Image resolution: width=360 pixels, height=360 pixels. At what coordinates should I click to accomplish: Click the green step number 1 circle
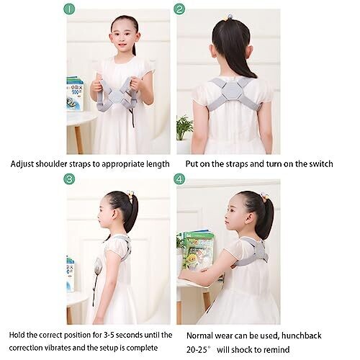pos(69,9)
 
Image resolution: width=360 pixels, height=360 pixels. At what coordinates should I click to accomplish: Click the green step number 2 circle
pos(179,9)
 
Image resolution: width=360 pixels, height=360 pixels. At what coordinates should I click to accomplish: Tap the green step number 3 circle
pos(69,179)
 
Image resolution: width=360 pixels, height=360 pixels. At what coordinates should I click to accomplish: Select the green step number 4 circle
pos(179,179)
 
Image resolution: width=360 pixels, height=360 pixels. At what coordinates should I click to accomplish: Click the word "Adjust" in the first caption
pos(22,164)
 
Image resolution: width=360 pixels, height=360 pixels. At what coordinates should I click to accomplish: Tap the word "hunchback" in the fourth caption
pos(302,336)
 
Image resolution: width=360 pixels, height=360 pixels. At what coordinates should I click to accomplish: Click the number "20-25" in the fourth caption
pos(197,350)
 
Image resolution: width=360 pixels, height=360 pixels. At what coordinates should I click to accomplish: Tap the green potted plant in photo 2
pos(184,127)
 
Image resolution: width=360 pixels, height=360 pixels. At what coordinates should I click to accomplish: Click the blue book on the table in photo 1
pos(75,94)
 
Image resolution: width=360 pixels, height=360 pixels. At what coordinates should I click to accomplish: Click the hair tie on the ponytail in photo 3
pos(131,194)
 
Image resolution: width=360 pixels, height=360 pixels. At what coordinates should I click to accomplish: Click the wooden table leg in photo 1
pos(78,140)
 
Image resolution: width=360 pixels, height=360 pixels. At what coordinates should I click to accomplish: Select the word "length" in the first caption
pos(158,164)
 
